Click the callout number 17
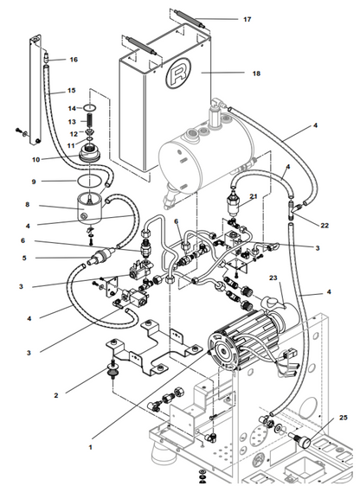[x=247, y=19]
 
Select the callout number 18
[x=256, y=73]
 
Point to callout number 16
[x=74, y=60]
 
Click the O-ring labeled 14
[x=90, y=108]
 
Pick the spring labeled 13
[x=90, y=121]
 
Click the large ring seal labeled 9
[x=90, y=181]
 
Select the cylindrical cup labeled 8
[x=90, y=208]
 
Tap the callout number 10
[x=35, y=160]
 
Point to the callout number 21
[x=254, y=197]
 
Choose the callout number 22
[x=325, y=226]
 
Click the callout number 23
[x=273, y=278]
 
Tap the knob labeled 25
[x=300, y=439]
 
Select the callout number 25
[x=344, y=418]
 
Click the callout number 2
[x=56, y=395]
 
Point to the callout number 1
[x=91, y=447]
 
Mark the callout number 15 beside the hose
[x=72, y=91]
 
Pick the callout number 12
[x=74, y=134]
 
